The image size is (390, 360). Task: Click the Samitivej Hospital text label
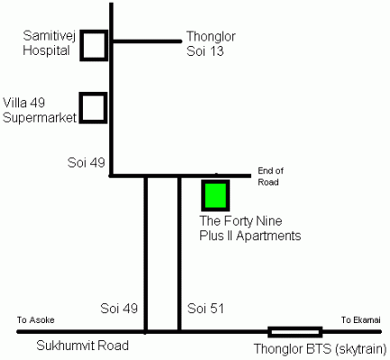point(50,43)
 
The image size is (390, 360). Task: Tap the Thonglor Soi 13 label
point(211,44)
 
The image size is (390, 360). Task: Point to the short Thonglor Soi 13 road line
point(147,41)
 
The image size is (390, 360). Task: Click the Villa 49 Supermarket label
point(40,110)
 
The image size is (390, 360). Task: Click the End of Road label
point(270,176)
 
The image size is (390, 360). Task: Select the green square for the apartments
point(215,195)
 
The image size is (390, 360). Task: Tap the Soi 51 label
point(205,309)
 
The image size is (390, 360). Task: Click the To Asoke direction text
point(36,319)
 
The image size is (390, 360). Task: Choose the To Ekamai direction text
point(361,319)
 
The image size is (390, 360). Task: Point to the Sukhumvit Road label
point(83,346)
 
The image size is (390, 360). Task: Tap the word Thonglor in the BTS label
point(278,349)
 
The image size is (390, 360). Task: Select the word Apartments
point(268,236)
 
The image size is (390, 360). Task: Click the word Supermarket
point(40,118)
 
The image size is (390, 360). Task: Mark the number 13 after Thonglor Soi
point(216,51)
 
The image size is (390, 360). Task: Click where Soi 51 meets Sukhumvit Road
point(179,332)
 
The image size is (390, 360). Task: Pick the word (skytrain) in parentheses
point(360,349)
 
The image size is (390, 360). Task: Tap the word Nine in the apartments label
point(269,221)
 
